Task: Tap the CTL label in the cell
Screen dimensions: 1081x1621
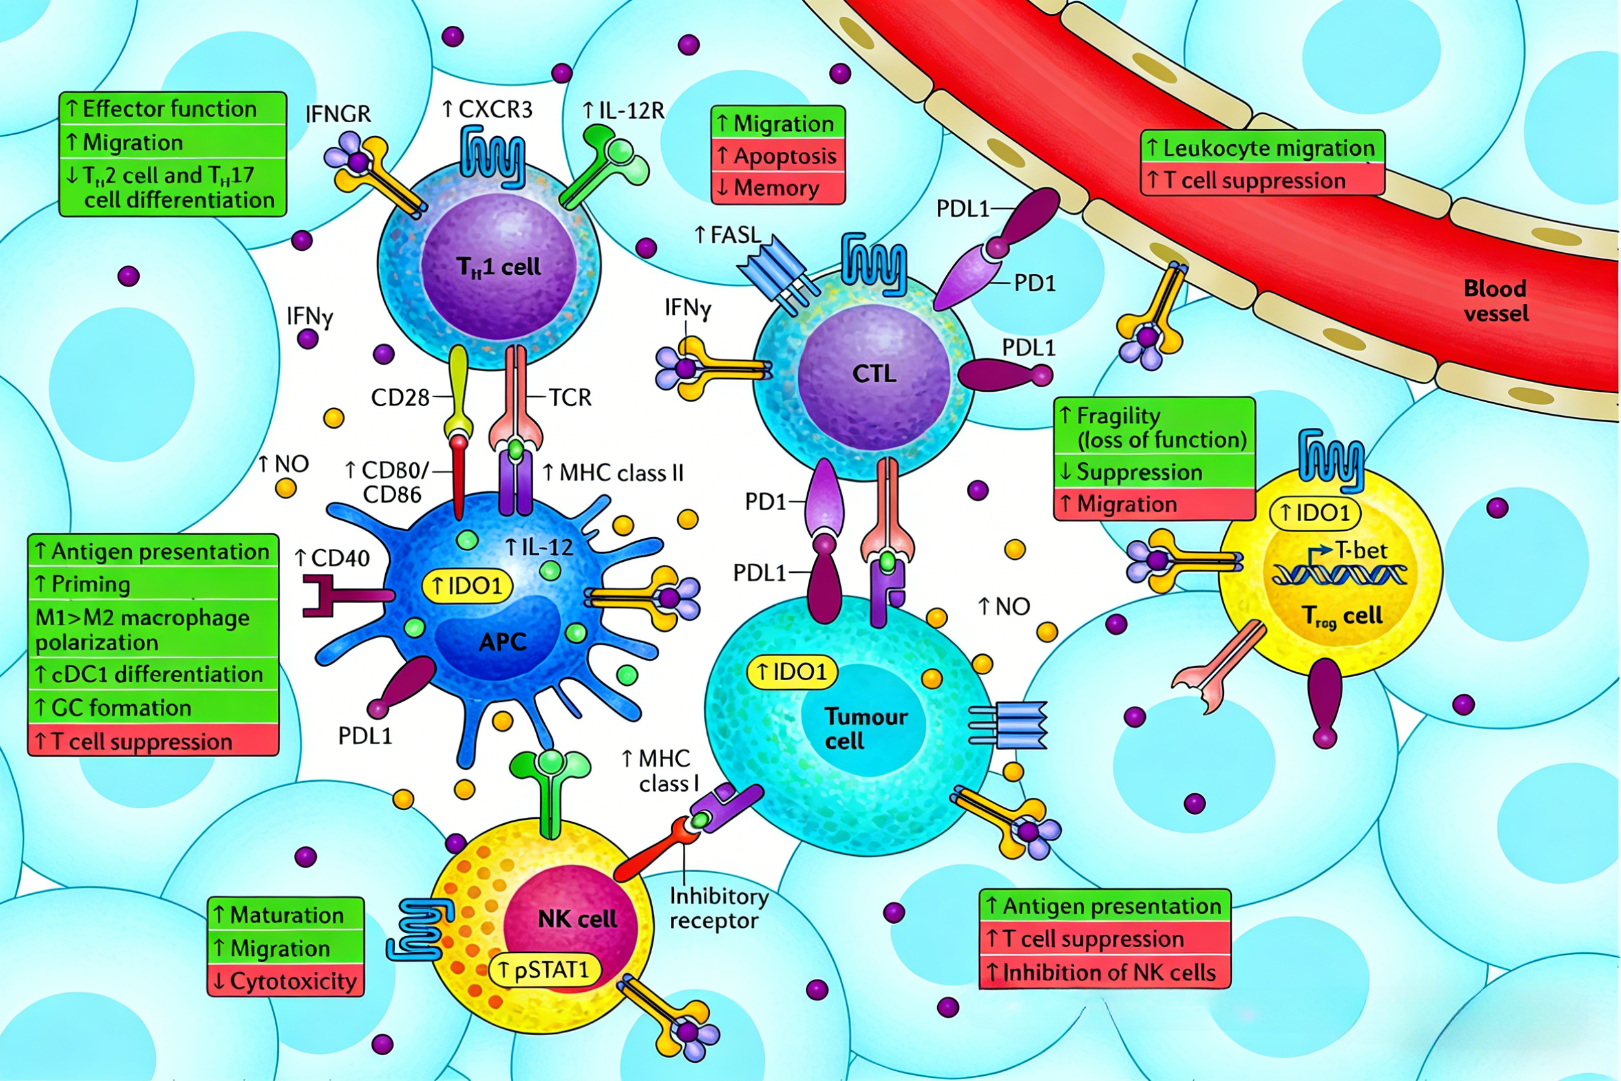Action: coord(874,374)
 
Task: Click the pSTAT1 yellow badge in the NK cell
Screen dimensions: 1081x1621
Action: coord(544,970)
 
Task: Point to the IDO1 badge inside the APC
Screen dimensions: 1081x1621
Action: coord(468,586)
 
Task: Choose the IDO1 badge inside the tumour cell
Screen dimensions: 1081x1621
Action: coord(792,672)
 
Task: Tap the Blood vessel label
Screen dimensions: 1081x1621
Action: coord(1496,301)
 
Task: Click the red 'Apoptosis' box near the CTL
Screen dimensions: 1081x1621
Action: coord(778,156)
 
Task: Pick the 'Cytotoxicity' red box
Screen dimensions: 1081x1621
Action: coord(285,981)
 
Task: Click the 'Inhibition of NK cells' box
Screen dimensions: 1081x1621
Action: coord(1104,973)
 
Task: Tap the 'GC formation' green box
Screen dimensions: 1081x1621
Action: coord(153,708)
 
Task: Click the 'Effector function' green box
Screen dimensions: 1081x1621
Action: coord(173,109)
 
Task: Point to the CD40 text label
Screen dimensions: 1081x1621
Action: coord(332,558)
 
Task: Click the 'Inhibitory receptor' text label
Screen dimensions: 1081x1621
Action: coord(718,908)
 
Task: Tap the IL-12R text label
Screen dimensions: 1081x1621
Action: coord(624,111)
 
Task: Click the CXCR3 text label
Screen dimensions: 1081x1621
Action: coord(487,109)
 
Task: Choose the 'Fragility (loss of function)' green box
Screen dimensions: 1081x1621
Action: coord(1154,427)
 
